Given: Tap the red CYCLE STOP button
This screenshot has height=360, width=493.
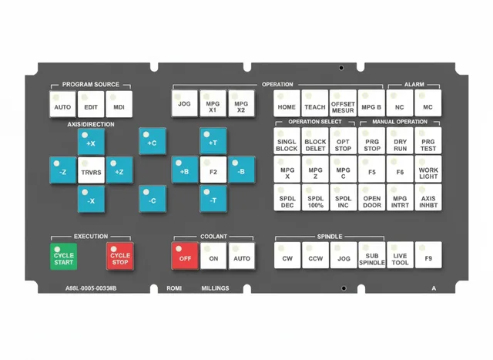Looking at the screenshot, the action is tap(120, 256).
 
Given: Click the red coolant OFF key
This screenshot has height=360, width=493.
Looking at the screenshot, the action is tap(185, 256).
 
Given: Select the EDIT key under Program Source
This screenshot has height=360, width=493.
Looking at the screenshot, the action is tap(91, 104).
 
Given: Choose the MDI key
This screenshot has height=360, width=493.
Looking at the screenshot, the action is tap(119, 104).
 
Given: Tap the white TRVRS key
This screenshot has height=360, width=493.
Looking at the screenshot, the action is tap(91, 170).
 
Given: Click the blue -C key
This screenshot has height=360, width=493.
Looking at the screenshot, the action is tap(153, 199).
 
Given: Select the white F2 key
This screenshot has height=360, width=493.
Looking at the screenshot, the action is tap(213, 170).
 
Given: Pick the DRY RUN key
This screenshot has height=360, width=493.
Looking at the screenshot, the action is tap(400, 140).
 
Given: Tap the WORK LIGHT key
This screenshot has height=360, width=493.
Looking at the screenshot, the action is tap(428, 169).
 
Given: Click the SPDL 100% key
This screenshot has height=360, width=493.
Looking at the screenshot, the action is tap(315, 197).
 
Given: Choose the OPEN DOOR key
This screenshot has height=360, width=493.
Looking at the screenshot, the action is tap(371, 197).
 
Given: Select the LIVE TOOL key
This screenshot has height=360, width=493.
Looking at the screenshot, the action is tap(400, 255).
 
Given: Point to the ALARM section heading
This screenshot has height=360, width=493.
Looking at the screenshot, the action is tap(414, 84).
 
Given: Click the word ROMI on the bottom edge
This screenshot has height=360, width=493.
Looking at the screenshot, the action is tap(174, 288).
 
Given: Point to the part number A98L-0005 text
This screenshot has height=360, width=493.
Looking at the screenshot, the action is tap(91, 288).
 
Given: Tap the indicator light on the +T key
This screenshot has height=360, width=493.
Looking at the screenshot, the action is tap(206, 134).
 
